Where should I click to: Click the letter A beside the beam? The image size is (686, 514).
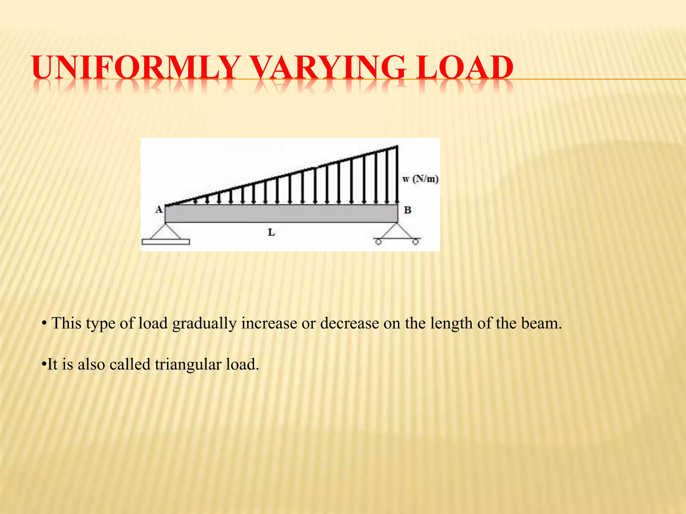tap(159, 210)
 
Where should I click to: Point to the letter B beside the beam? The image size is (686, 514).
tap(407, 210)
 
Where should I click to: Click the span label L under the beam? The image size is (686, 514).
tap(271, 232)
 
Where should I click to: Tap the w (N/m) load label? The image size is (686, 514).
tap(420, 179)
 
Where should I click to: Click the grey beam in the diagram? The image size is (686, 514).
tap(281, 213)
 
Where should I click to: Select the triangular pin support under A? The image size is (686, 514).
tap(165, 231)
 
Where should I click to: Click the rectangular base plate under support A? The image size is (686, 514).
tap(166, 242)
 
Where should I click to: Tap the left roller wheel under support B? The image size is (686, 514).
tap(378, 242)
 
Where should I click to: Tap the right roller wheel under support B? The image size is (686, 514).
tap(415, 242)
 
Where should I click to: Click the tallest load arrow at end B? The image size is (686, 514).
tap(397, 174)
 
